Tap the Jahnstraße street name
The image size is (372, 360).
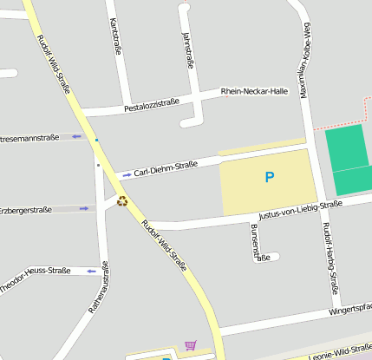coord(186,50)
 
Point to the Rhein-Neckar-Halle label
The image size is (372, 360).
coord(254,91)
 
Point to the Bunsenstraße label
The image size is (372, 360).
coord(255,242)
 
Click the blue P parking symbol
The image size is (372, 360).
coord(269,177)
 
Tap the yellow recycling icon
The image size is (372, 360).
coord(122,200)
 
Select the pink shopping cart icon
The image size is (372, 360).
coord(190,345)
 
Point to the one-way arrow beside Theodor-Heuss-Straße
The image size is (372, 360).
coord(90,271)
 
